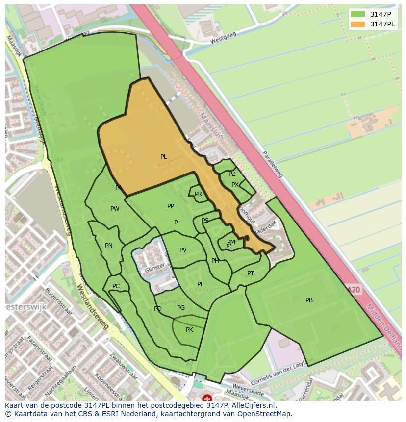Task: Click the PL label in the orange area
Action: click(x=163, y=157)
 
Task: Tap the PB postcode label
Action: click(x=309, y=300)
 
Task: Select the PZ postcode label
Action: click(x=232, y=174)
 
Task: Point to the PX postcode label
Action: click(x=235, y=185)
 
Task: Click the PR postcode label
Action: click(x=198, y=194)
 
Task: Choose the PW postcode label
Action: click(x=115, y=209)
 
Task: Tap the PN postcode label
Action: click(x=109, y=246)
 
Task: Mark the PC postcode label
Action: click(x=116, y=286)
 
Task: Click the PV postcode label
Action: click(x=183, y=250)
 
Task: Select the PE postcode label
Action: click(x=201, y=284)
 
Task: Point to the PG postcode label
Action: click(x=181, y=308)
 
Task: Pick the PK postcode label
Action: click(x=189, y=330)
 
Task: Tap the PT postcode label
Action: click(x=251, y=273)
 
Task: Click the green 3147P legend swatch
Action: click(x=358, y=14)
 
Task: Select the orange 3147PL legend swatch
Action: click(x=358, y=24)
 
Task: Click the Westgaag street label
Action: click(x=224, y=39)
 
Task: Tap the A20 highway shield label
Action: click(x=354, y=290)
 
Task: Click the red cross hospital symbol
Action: click(x=207, y=398)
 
